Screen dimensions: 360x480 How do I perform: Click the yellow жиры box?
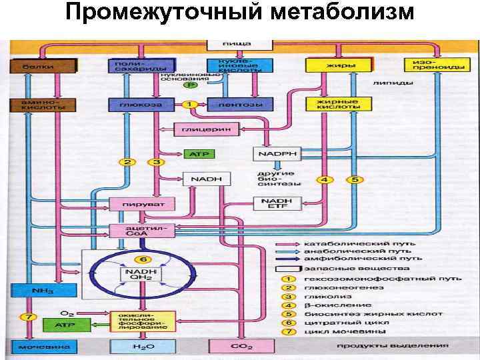point(337,66)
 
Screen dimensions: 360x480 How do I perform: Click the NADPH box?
point(275,155)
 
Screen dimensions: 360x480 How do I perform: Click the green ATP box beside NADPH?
point(199,155)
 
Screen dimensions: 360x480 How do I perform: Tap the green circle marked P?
point(191,85)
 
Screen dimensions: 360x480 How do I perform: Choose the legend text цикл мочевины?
point(335,331)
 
